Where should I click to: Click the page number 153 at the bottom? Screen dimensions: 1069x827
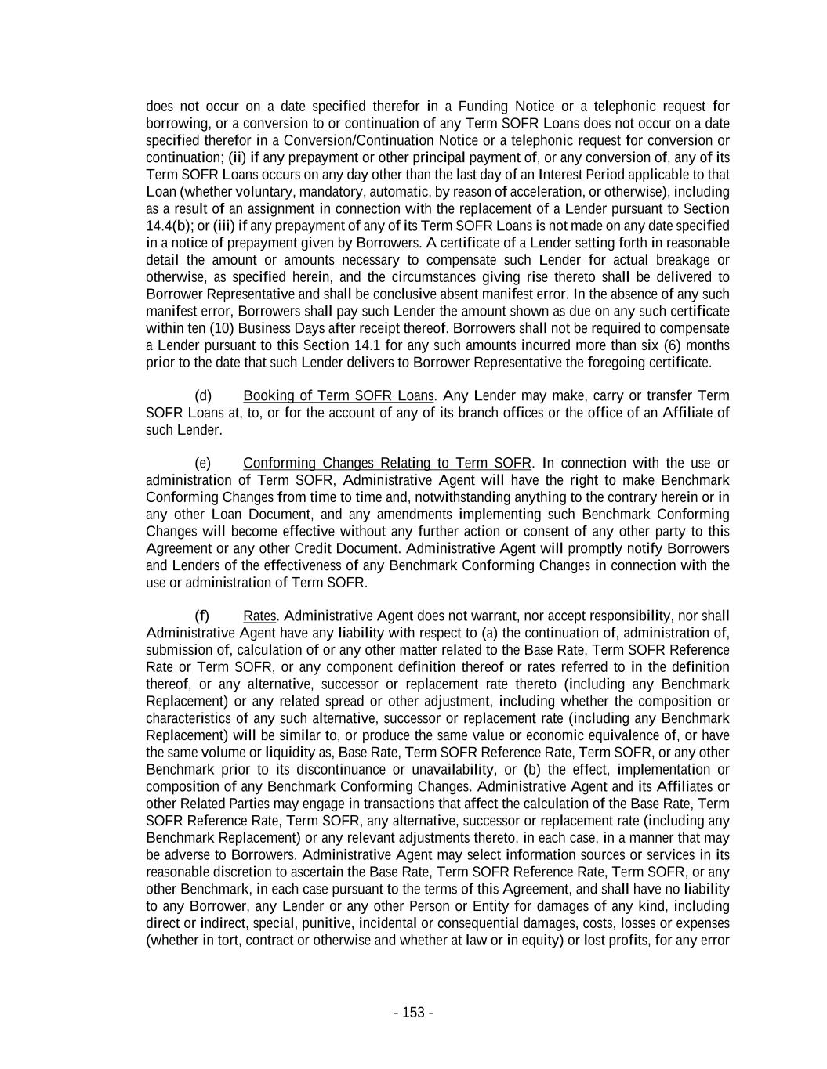(413, 1013)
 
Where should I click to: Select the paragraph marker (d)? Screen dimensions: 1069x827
(203, 395)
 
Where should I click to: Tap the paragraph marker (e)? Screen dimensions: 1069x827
(203, 463)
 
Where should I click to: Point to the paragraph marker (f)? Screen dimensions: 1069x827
(202, 616)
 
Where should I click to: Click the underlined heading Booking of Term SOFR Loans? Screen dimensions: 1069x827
(338, 395)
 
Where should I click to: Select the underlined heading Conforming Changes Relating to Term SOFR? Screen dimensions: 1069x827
(387, 463)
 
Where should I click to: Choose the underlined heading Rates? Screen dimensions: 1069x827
(259, 616)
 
